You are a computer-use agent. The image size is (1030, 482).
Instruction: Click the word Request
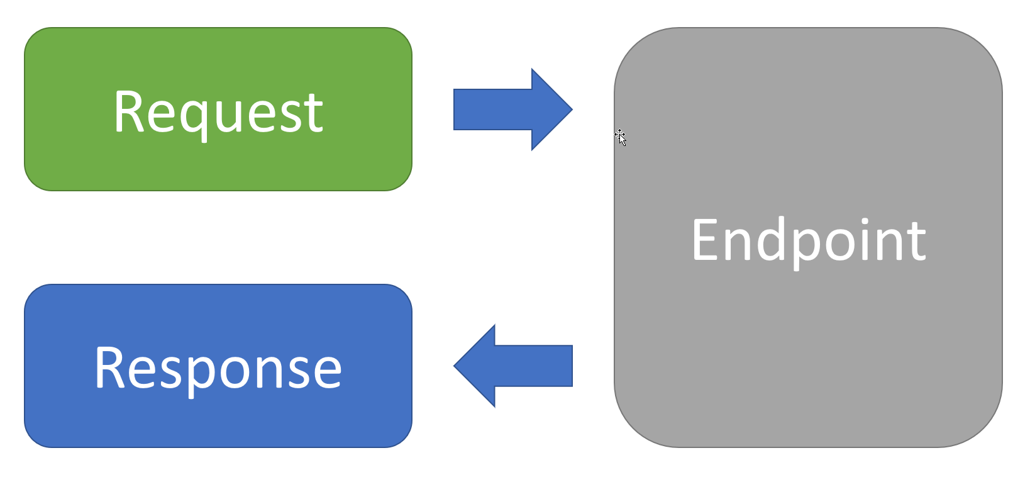coord(218,113)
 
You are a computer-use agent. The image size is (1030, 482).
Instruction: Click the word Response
coord(218,369)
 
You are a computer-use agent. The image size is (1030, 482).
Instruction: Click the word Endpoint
coord(809,240)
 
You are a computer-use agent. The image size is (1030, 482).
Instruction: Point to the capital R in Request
coord(129,112)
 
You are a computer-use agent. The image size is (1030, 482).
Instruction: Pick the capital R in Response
coord(110,369)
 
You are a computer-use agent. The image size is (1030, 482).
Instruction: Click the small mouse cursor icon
coord(621,137)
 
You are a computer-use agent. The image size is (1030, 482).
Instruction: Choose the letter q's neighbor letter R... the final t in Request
coord(314,115)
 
